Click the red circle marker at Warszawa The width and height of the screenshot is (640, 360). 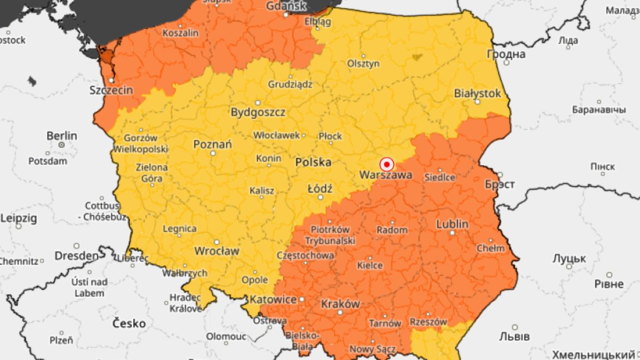click(x=387, y=164)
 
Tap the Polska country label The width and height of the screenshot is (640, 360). click(x=313, y=162)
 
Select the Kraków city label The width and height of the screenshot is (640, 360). click(x=340, y=304)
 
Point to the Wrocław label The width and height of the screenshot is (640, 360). click(x=217, y=251)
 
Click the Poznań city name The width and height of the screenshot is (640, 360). click(x=212, y=144)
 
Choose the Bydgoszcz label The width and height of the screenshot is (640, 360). click(x=258, y=113)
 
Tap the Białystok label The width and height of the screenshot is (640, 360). click(x=477, y=93)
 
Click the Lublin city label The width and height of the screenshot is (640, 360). click(x=452, y=224)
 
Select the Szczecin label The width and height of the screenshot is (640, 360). click(x=111, y=90)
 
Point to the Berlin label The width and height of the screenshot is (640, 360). click(x=61, y=136)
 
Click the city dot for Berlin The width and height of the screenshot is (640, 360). click(x=62, y=145)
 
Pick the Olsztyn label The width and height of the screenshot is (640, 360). click(x=364, y=63)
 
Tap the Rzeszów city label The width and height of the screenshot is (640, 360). click(x=428, y=322)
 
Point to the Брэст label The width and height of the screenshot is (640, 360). click(x=499, y=185)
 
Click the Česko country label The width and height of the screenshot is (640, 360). click(x=129, y=323)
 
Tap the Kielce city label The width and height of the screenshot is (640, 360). click(x=370, y=265)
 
